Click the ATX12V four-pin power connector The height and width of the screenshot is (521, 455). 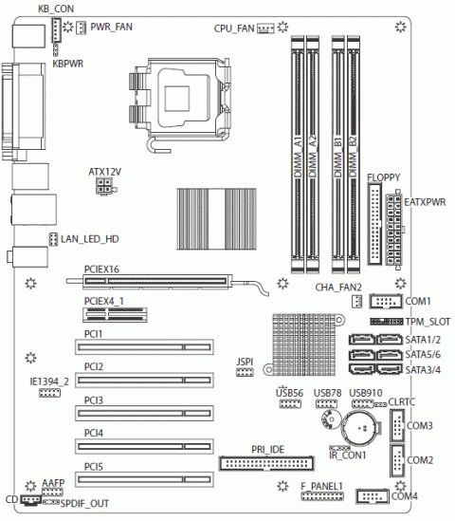pos(104,186)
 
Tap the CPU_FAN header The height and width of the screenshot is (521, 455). pos(265,28)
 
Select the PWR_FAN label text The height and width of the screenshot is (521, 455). pos(111,27)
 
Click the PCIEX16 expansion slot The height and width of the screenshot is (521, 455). pos(157,281)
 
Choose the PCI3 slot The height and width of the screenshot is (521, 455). pos(144,413)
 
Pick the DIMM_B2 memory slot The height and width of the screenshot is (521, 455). pos(354,154)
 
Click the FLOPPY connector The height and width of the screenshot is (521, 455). pos(374,224)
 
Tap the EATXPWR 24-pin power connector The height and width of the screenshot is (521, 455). pos(394,230)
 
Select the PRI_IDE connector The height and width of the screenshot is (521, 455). pos(266,463)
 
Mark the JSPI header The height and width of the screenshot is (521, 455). pos(245,372)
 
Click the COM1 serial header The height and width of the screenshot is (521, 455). pos(386,302)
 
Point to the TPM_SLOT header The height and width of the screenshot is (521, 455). pos(387,322)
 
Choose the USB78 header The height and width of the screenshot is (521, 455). pos(327,404)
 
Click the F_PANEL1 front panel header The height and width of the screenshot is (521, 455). pos(322,496)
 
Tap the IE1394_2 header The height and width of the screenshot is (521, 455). pos(50,393)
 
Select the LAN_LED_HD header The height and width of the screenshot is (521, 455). pos(53,239)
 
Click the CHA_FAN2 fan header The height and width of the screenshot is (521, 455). pos(356,302)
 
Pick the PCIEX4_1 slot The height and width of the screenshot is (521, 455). pos(115,315)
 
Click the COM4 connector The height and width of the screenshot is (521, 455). pos(372,496)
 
